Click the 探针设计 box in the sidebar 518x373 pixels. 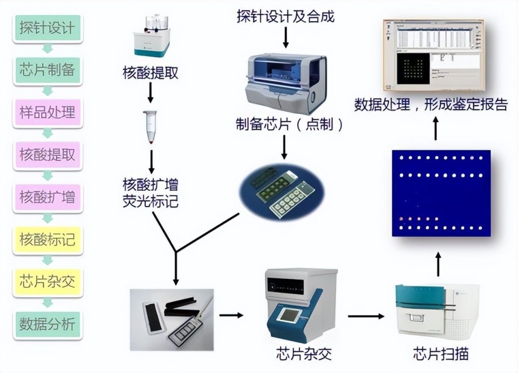47,27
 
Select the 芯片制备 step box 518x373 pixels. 47,70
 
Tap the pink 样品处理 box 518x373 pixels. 47,112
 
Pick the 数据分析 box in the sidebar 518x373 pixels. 47,324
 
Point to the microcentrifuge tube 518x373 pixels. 151,127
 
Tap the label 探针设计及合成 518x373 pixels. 285,17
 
